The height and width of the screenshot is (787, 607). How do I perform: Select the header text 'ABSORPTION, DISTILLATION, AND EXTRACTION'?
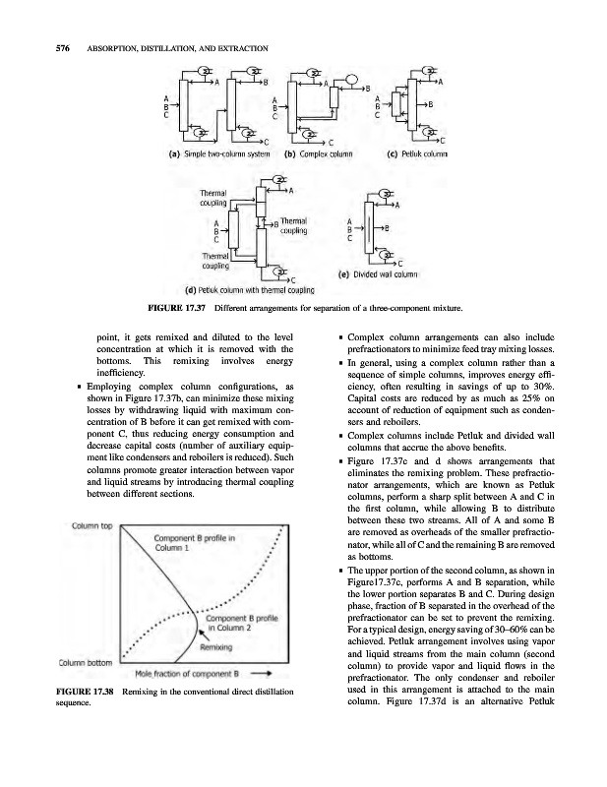171,49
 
